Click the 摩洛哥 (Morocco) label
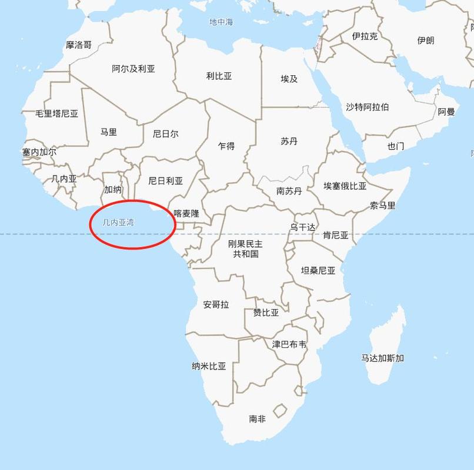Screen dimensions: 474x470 (79, 45)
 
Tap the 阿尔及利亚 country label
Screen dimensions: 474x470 (133, 69)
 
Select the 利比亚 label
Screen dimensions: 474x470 (219, 76)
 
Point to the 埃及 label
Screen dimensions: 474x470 (289, 79)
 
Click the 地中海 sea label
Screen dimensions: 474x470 (221, 22)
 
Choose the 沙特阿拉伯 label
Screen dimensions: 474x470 (367, 107)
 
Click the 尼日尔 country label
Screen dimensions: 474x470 (165, 134)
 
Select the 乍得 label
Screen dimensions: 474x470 (226, 146)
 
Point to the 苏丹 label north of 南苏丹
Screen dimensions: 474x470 (289, 142)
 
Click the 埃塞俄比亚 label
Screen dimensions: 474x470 (345, 186)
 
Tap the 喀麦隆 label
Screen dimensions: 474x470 (186, 214)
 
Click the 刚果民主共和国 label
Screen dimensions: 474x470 (246, 249)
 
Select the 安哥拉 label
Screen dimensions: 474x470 (216, 304)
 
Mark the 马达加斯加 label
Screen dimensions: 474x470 (382, 358)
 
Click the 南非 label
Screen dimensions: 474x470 (257, 419)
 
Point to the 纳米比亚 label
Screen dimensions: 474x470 (209, 366)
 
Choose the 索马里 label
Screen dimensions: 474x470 (382, 206)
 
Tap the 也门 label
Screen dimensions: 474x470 (395, 146)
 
